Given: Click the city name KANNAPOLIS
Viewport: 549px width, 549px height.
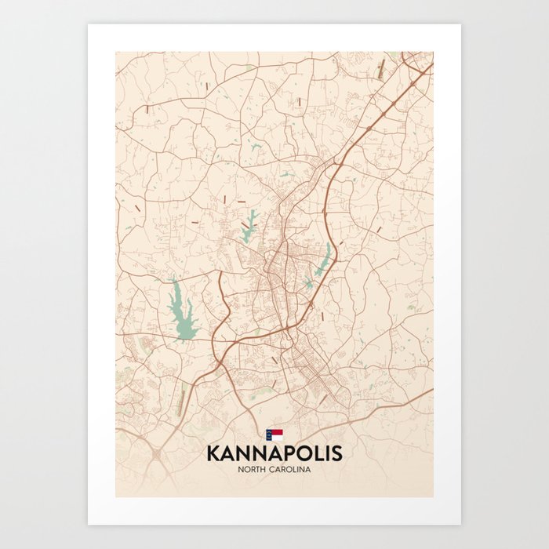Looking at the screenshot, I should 274,453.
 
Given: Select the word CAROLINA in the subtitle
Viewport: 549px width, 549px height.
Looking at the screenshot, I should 292,469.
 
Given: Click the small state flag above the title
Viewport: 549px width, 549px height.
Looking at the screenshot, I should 274,433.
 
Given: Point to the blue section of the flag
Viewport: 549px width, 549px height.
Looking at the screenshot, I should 270,433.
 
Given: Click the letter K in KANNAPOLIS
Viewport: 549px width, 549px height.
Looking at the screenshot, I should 213,453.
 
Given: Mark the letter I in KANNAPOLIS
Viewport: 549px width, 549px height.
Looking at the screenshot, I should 325,453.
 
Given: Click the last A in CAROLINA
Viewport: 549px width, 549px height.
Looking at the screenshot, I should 309,469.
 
